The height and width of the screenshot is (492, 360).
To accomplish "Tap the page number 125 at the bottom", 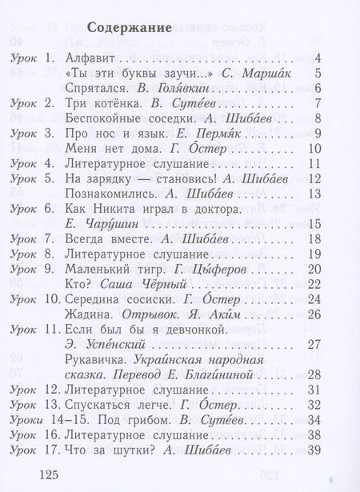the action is coord(46,476).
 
